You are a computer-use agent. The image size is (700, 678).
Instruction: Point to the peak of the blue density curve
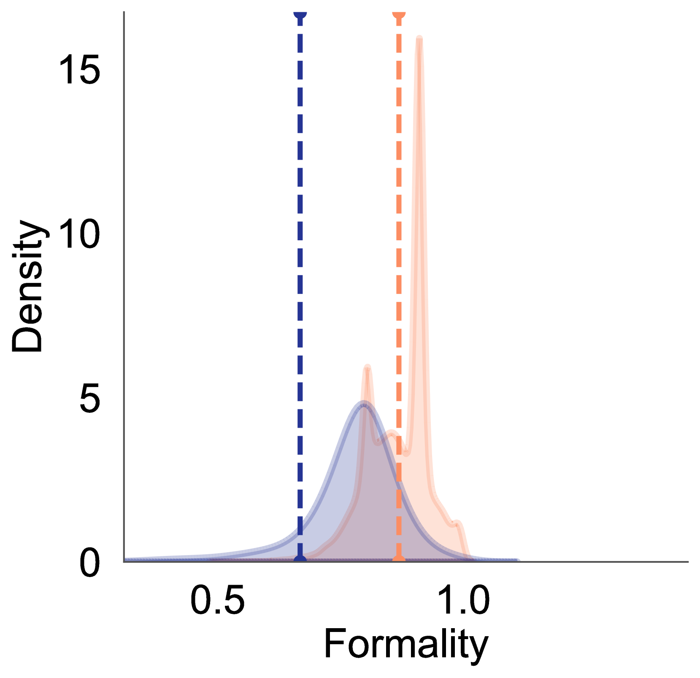tap(363, 401)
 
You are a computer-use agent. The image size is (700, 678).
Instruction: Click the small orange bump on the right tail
tap(457, 522)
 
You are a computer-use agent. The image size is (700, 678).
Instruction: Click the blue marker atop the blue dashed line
tap(300, 14)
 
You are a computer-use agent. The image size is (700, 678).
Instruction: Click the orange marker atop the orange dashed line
tap(399, 14)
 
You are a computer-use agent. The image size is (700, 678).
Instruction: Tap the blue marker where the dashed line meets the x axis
tap(300, 559)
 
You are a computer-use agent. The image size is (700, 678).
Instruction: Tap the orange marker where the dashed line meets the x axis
tap(399, 559)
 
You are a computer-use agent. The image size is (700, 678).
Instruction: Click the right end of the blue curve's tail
tap(518, 560)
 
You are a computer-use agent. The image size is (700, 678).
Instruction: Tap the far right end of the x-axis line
tap(688, 562)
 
